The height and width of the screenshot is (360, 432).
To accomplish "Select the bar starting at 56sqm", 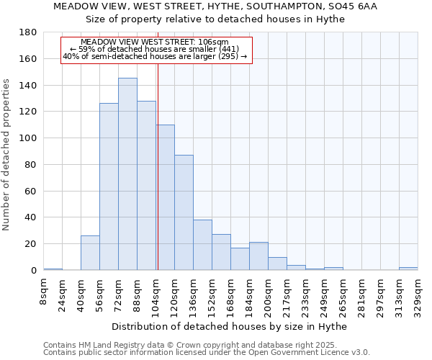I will (x=109, y=186).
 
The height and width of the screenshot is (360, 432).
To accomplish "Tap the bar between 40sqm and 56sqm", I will (x=90, y=253).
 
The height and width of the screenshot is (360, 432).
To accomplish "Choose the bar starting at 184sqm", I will (x=258, y=256).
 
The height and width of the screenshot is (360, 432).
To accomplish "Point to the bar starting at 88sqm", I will (x=146, y=185).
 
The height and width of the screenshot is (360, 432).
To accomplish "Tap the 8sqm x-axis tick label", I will (x=43, y=292).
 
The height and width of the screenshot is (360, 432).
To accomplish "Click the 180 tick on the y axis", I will (x=28, y=32).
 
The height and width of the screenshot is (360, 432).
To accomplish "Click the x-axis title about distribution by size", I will (x=230, y=327).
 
